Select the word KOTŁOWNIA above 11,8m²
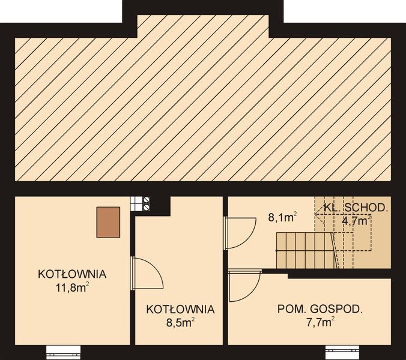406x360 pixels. click(72, 274)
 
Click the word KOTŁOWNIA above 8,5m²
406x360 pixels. click(180, 310)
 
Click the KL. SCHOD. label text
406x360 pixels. click(356, 208)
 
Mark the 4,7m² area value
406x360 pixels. click(356, 220)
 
